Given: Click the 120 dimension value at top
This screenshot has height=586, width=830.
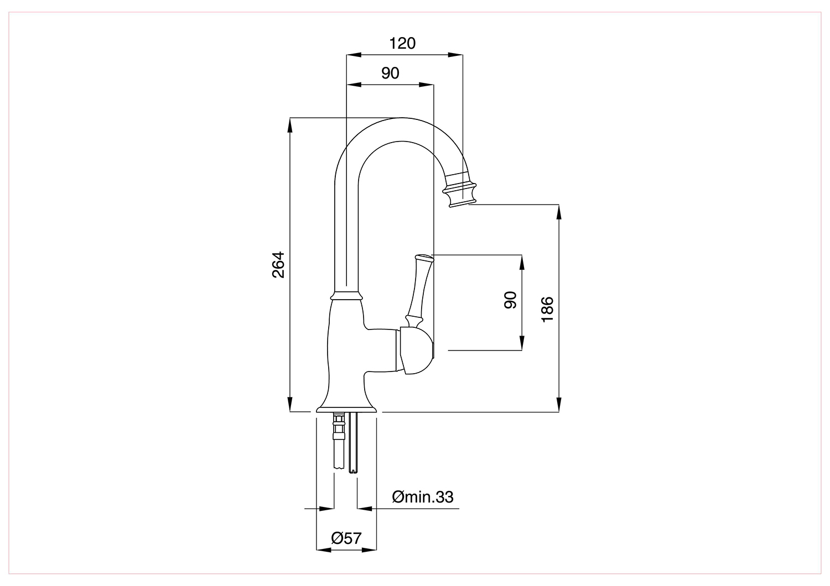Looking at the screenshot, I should [402, 43].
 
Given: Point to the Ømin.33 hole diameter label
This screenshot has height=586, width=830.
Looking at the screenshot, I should [423, 497].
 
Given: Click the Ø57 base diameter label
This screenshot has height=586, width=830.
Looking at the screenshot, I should [346, 538].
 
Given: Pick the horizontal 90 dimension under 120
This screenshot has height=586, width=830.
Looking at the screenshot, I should [390, 73].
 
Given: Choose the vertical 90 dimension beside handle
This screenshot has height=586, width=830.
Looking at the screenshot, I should [510, 300].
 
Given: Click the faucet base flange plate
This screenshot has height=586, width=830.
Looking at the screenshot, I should [346, 410].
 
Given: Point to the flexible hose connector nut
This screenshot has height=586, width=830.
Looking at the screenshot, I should [338, 428].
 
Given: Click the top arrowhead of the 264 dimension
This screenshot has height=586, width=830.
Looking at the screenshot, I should [289, 125].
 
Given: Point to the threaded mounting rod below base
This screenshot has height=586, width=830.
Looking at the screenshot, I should [354, 445].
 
